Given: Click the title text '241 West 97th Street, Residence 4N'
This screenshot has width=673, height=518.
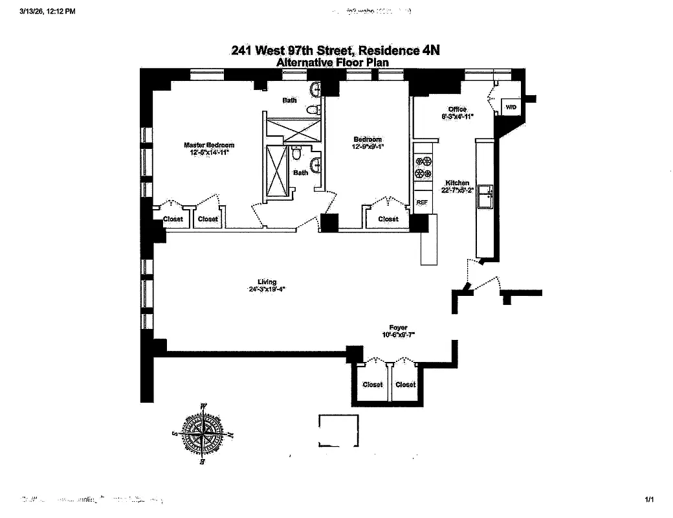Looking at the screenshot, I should (336, 51).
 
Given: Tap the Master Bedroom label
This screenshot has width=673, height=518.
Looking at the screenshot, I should (209, 145).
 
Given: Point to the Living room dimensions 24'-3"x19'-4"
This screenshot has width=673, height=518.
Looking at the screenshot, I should (267, 289).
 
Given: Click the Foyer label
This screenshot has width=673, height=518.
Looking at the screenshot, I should (398, 328).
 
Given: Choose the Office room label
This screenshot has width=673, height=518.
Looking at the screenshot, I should (458, 109).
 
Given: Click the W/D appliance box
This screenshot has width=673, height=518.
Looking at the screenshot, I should (511, 106).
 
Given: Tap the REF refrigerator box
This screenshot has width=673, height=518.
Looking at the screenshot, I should (422, 202).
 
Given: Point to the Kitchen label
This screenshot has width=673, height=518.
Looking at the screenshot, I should (458, 183).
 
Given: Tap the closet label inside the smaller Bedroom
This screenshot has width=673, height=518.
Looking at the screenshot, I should (388, 219).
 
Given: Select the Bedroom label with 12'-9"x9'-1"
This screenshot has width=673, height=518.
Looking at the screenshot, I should (367, 139).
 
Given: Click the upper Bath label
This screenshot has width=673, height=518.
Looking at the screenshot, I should (289, 100).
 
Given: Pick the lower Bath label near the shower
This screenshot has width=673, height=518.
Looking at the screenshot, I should (301, 173).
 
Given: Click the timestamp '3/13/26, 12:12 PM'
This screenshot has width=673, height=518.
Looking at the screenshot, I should (47, 11).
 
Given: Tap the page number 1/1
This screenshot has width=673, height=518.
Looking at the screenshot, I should (650, 499).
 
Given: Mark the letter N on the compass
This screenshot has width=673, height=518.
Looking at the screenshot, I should (231, 435).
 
